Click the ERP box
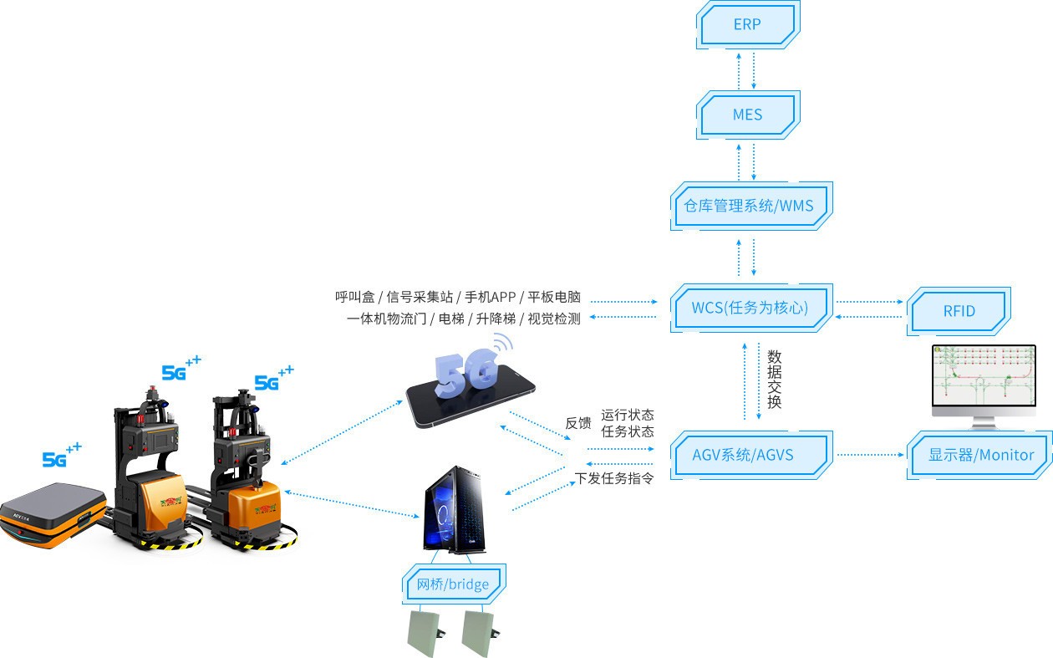[x=747, y=25]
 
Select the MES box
[x=747, y=115]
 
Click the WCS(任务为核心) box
[x=750, y=308]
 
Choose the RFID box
[x=959, y=311]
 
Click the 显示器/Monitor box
[x=981, y=456]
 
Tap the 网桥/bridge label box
[x=452, y=584]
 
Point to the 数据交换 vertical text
[x=774, y=379]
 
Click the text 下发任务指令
[x=615, y=479]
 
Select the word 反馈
[x=577, y=423]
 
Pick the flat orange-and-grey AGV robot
[x=52, y=513]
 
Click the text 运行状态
[x=627, y=416]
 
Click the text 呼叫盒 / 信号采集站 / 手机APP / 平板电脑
[x=458, y=298]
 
